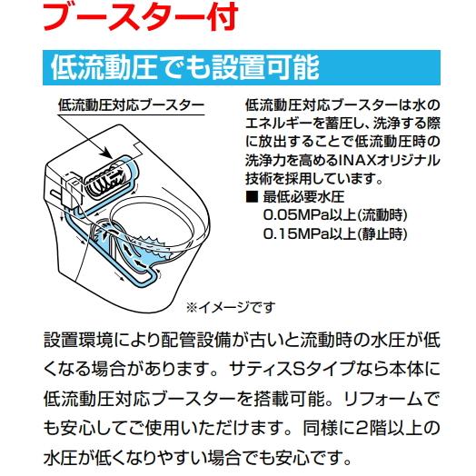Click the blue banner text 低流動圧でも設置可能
tap(178, 66)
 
